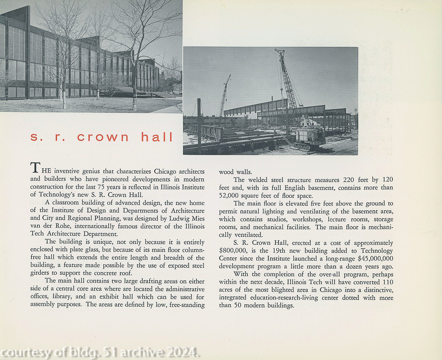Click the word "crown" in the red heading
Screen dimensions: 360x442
(103, 137)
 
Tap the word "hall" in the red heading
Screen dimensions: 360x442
(157, 137)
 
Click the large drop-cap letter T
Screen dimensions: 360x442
(35, 168)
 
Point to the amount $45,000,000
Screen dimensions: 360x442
(370, 258)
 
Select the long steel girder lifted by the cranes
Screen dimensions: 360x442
(256, 108)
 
